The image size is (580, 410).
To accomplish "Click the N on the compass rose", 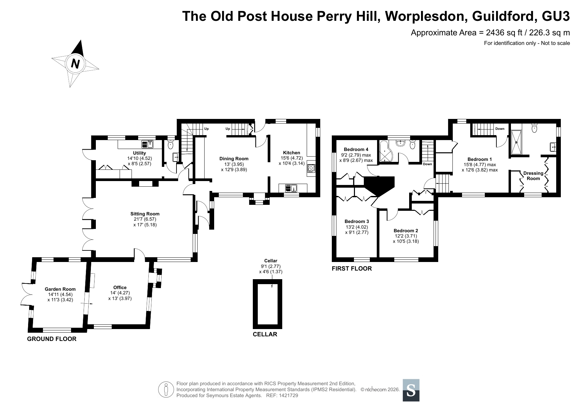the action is point(76,63).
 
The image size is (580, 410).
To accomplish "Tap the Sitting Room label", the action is point(145,214).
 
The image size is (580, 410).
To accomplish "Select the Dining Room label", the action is point(234,159).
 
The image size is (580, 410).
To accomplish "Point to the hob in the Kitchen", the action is point(311,168).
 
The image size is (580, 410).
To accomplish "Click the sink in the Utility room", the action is point(147,144).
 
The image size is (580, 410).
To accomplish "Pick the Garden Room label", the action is point(60,289).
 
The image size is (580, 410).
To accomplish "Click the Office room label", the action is point(120,287).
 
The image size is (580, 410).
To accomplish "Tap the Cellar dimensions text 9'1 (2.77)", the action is point(271,266).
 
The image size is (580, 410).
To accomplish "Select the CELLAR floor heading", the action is point(265,334).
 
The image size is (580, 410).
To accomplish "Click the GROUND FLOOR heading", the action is point(52,339).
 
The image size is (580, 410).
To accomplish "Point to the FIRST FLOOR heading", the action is point(352,269).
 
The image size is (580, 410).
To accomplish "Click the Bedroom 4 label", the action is point(356,149).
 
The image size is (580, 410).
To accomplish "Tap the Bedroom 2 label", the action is point(406,231).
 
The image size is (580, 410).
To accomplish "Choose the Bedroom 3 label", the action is point(357,221).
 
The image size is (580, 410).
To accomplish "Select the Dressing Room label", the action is point(533,176).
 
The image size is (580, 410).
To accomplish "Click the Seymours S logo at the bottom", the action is point(411,390).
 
